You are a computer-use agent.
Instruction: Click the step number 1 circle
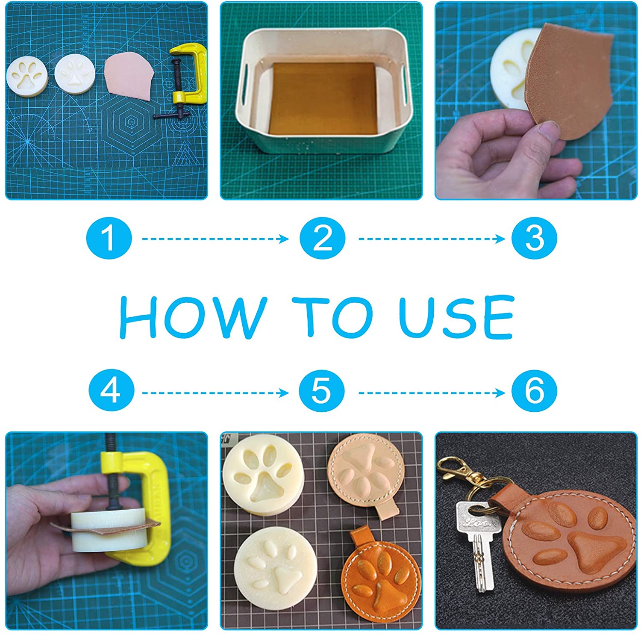pyautogui.click(x=109, y=238)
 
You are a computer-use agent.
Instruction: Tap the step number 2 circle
pyautogui.click(x=322, y=238)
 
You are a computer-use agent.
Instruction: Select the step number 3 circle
pyautogui.click(x=534, y=238)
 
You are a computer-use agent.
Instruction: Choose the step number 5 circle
pyautogui.click(x=321, y=391)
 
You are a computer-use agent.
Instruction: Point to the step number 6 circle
pyautogui.click(x=534, y=391)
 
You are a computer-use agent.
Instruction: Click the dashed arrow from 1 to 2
pyautogui.click(x=215, y=239)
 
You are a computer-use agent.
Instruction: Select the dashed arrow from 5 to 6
pyautogui.click(x=432, y=392)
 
